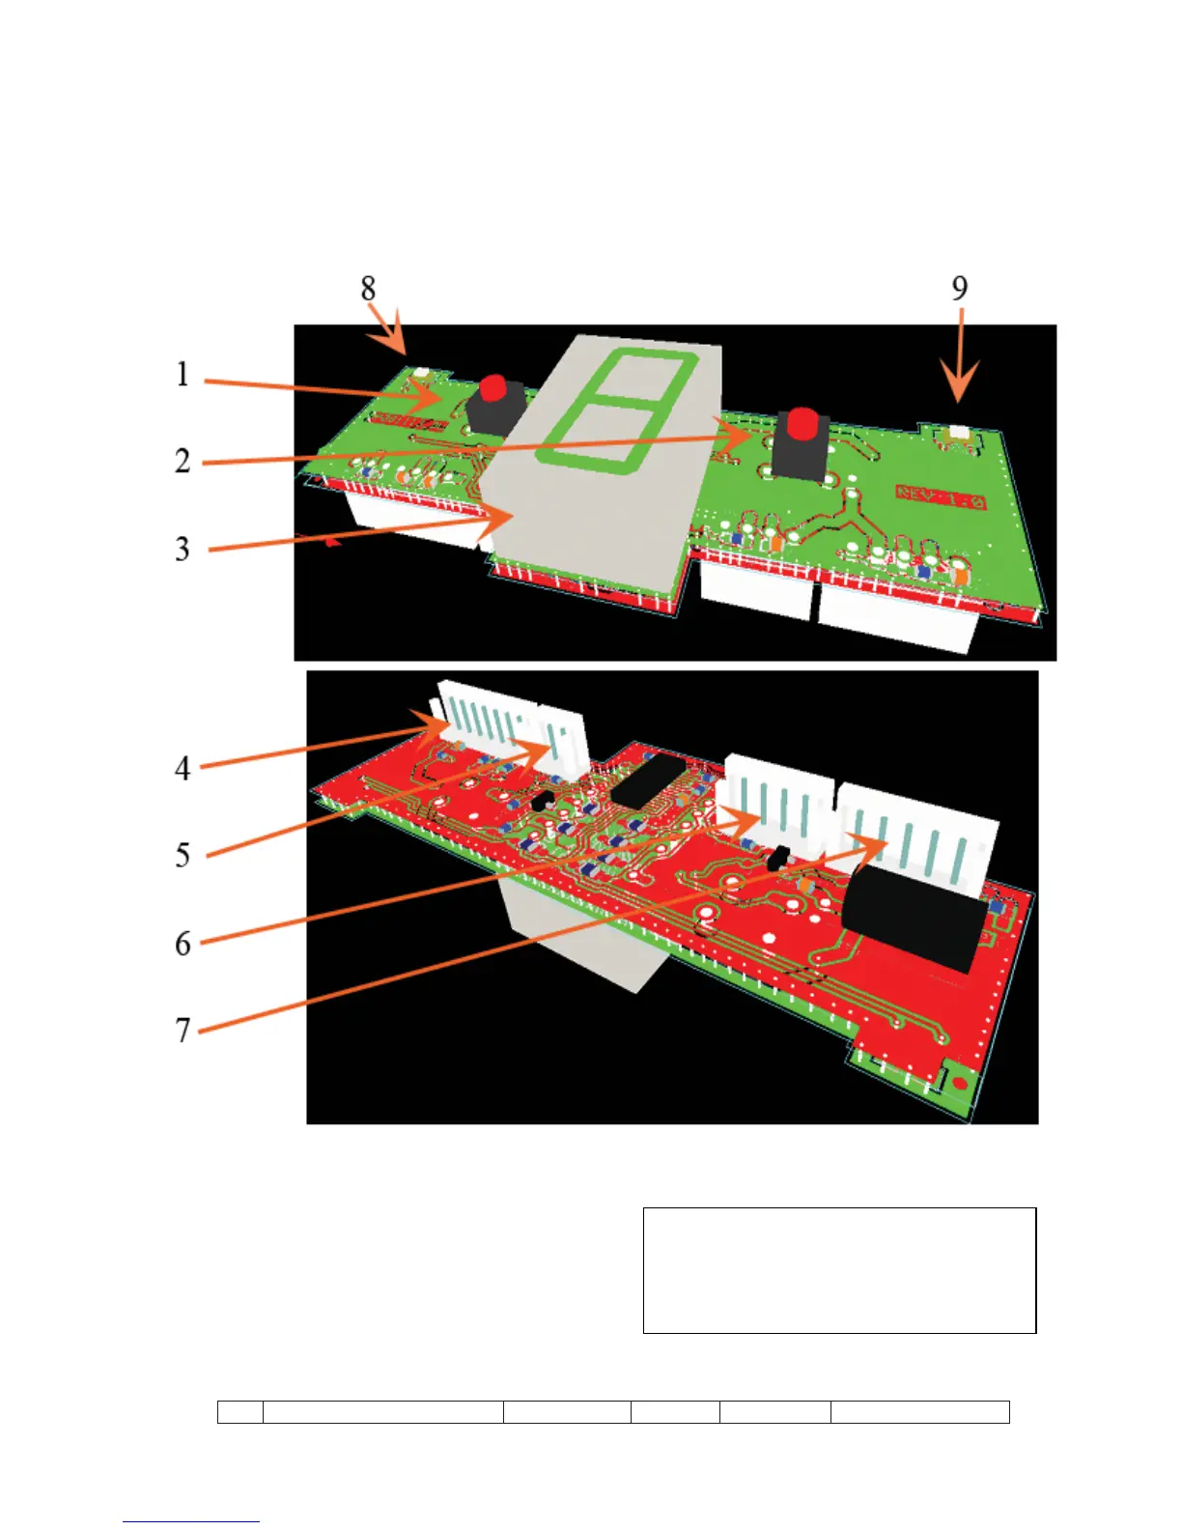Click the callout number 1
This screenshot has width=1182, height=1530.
coord(183,375)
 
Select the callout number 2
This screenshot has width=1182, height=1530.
coord(183,461)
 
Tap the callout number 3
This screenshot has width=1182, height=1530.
coord(183,549)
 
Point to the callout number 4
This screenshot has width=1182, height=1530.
coord(183,768)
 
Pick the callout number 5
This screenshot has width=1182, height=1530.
coord(183,855)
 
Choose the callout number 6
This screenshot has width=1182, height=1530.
coord(183,943)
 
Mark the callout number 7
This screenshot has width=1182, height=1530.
coord(183,1030)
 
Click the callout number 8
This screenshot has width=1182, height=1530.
coord(368,288)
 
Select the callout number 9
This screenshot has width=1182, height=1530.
coord(959,288)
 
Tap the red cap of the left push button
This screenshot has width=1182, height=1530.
coord(493,388)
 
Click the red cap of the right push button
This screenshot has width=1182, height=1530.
coord(801,422)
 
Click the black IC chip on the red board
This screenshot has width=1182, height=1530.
coord(648,781)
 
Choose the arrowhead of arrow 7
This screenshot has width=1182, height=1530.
coord(874,842)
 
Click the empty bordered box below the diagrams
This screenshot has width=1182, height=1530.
coord(839,1269)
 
